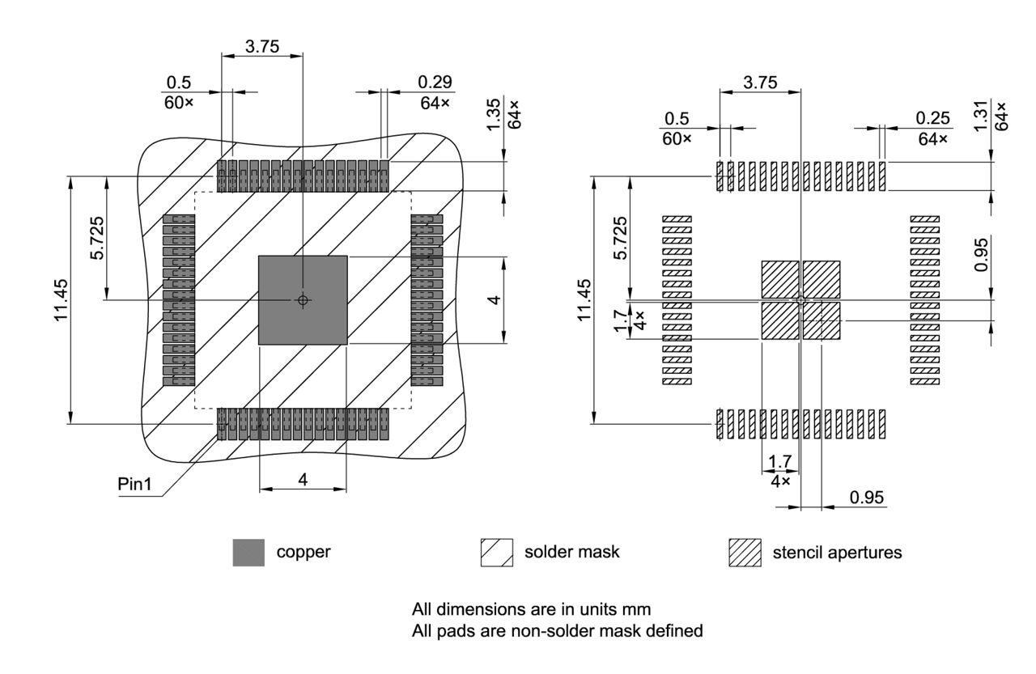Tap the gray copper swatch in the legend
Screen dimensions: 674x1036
tap(248, 553)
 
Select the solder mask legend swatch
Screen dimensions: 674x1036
tap(497, 553)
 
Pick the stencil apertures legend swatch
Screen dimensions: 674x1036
tap(745, 553)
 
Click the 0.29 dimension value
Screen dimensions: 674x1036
tap(435, 83)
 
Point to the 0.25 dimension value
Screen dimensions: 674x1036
tap(933, 118)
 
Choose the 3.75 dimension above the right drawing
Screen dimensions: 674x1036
tap(760, 83)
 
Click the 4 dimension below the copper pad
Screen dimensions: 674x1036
tap(303, 480)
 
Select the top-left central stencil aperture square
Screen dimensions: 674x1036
tap(779, 279)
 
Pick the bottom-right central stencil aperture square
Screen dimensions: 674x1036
tap(822, 320)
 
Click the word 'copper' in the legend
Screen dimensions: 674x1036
tap(304, 553)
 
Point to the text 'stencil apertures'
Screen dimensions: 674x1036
tap(837, 553)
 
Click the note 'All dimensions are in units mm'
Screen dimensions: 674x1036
tap(532, 608)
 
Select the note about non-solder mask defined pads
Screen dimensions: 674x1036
tap(557, 630)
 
